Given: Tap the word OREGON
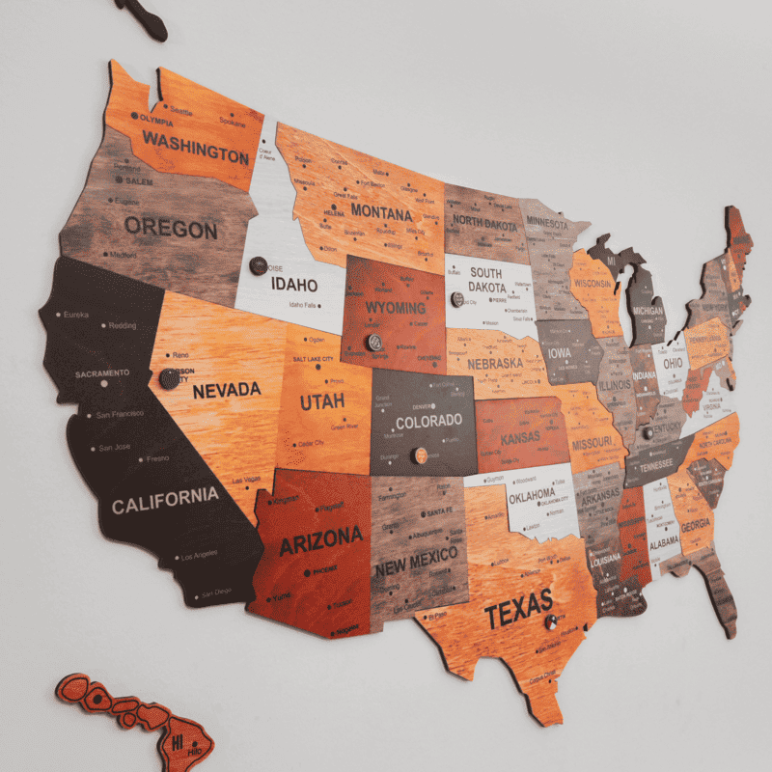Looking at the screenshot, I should point(171,229).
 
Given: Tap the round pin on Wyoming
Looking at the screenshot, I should point(372,343).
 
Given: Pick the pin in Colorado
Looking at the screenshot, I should point(420,455).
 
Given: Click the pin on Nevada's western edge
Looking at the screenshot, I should point(170,378).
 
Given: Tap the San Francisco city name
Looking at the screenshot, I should point(120,415).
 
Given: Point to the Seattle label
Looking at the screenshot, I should point(181,111).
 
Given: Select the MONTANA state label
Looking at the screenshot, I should point(381,211).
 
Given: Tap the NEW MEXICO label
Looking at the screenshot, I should point(416,562).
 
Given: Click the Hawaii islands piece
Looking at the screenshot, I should point(135,715).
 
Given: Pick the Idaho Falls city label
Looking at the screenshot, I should point(302,305).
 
